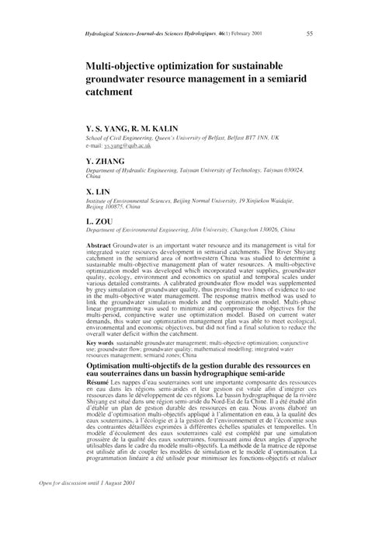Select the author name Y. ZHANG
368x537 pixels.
106,161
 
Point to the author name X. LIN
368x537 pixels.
99,191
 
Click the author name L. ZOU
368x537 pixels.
99,221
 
